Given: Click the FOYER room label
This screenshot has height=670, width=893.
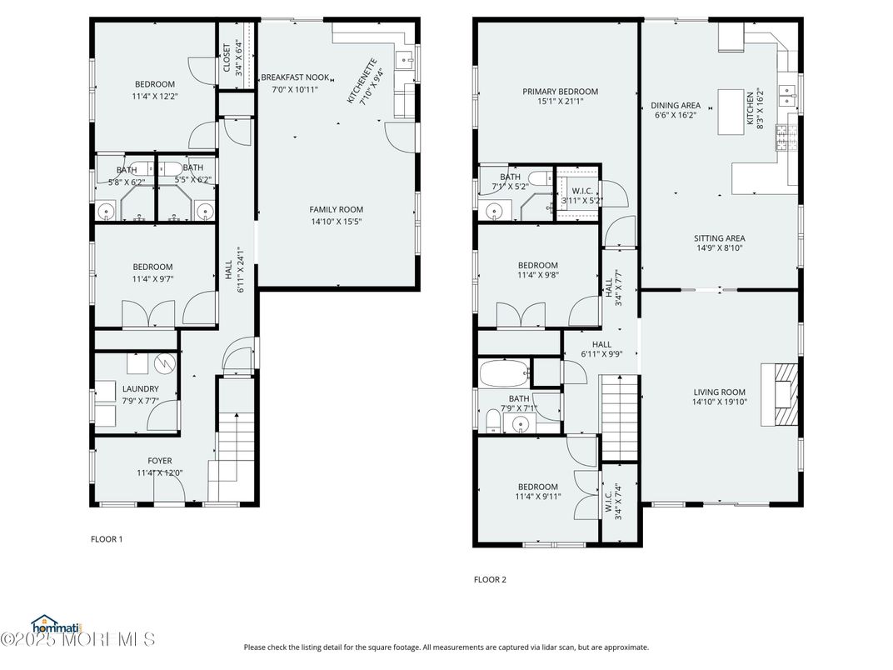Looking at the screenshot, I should click(160, 461).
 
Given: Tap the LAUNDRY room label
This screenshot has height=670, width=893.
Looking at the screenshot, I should click(140, 389).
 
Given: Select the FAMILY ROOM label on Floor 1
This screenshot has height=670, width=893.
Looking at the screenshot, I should click(337, 210).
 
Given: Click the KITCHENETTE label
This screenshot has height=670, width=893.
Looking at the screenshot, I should click(363, 81).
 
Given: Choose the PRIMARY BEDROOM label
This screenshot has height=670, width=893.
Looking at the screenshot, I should click(560, 92).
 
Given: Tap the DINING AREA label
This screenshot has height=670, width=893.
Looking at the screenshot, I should click(675, 106).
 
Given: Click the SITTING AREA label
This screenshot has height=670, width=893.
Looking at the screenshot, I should click(720, 238).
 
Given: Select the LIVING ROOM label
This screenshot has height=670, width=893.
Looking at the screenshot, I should click(720, 392).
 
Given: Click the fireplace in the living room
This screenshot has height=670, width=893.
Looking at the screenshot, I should click(783, 394).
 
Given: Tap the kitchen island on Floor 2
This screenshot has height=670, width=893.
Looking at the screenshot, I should click(731, 111).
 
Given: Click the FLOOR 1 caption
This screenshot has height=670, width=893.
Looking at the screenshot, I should click(107, 539).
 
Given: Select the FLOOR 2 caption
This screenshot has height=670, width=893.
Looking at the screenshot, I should click(490, 579).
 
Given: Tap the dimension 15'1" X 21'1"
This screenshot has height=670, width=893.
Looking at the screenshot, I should click(560, 102).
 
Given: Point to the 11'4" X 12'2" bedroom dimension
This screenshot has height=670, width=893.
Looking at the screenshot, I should click(155, 96).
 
